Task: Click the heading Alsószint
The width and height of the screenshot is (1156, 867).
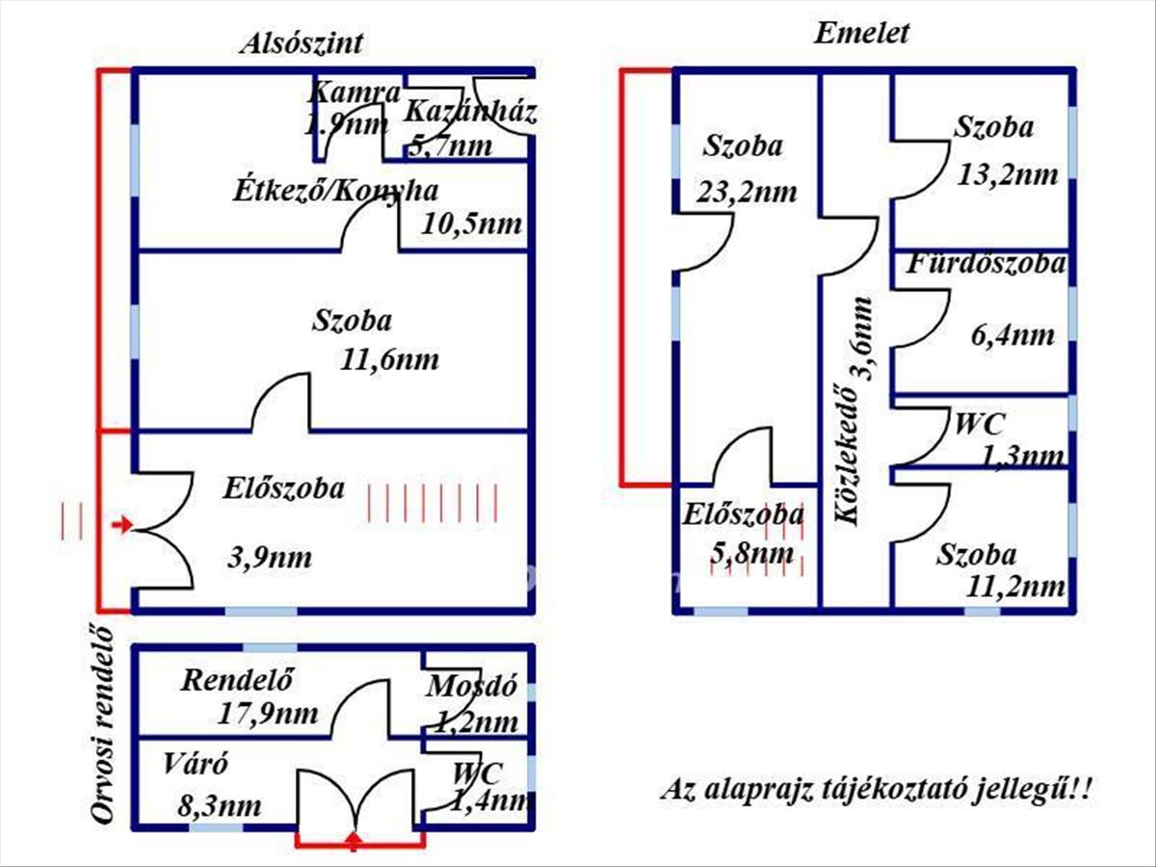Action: point(302,43)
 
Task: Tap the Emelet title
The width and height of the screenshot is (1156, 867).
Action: point(861,34)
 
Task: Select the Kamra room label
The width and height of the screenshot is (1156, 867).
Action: point(354,93)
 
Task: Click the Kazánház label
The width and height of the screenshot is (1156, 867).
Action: point(471,112)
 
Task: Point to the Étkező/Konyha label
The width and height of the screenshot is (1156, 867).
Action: point(335,191)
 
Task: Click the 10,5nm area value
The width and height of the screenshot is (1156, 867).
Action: point(471,224)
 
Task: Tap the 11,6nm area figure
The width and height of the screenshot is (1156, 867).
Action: point(389,360)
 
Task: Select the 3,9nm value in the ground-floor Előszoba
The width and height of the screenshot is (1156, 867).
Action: point(270,558)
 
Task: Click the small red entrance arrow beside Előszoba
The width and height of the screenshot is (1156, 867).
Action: point(122,524)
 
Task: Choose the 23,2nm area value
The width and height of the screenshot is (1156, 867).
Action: point(747,192)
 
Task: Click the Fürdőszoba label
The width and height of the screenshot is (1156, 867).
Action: point(985,264)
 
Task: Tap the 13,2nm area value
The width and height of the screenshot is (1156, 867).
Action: point(1007,174)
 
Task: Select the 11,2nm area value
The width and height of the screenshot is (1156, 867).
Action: point(1015,587)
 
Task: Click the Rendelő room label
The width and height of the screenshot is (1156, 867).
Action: point(236,679)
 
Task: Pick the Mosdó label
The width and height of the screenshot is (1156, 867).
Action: point(471,687)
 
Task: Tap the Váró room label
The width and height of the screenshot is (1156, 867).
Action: point(196,764)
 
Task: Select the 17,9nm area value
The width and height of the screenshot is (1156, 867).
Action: point(268,714)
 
